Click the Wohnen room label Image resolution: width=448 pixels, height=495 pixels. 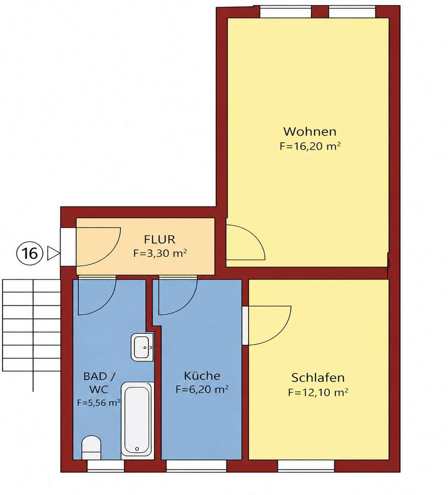point(310,131)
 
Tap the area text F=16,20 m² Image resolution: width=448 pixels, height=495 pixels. point(310,146)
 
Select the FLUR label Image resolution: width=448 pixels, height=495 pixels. point(159,240)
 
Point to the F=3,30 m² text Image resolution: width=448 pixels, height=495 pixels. point(160,253)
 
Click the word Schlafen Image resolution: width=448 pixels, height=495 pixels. point(318,378)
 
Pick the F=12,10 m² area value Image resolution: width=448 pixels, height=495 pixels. point(318,392)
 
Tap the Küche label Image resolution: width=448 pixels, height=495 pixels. point(202,375)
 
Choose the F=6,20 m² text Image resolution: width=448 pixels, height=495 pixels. point(202,390)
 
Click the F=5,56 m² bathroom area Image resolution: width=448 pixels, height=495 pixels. point(99,403)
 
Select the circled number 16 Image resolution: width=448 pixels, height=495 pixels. point(29,253)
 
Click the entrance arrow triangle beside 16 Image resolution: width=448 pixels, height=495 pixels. point(53,253)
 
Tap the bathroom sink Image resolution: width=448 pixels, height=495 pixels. point(142,347)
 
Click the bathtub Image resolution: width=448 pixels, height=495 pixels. point(137,420)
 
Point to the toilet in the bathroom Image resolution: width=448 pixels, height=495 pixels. point(91,448)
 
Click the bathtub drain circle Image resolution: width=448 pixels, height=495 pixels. point(137,449)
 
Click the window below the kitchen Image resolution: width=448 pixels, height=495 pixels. point(196,466)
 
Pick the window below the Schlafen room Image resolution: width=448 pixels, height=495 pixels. point(306,466)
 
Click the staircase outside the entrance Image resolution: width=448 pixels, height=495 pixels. point(32,325)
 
